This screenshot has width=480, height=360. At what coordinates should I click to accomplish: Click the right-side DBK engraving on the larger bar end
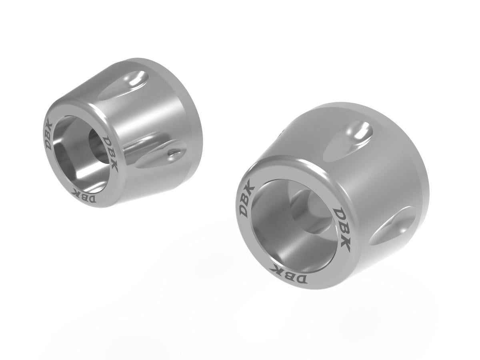point(342,230)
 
